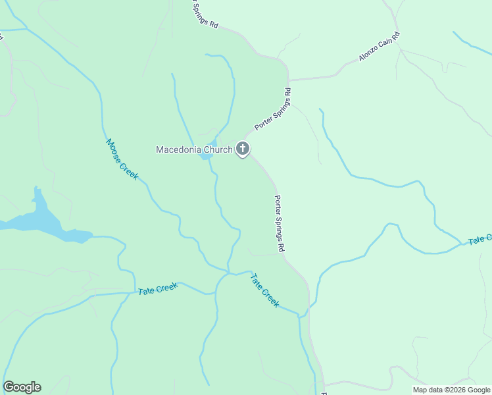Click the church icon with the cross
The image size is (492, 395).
pos(243,149)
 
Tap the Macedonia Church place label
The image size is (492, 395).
pos(194,149)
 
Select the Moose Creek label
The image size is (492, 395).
pos(122,159)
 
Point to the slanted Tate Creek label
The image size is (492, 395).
pos(265,291)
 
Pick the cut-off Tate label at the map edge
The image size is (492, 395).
pos(480,240)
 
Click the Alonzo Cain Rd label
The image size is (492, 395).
pos(379,47)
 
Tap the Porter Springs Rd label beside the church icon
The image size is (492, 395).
pos(273,109)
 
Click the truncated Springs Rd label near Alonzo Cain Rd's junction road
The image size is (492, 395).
pos(205,14)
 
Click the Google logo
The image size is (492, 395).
pos(22,387)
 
